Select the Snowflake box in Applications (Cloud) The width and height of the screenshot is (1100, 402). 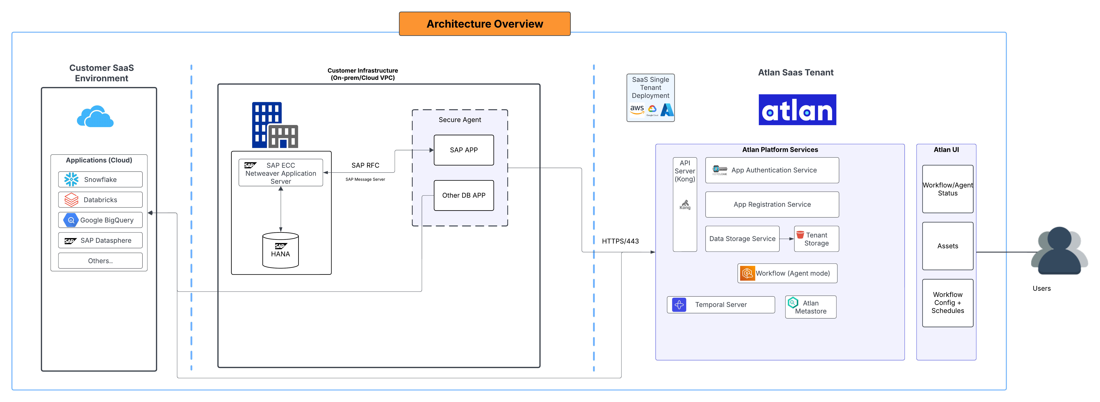tap(100, 179)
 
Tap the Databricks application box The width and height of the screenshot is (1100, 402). tap(100, 200)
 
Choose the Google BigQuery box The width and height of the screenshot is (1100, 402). tap(100, 220)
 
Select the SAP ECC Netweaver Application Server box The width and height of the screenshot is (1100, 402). tap(281, 173)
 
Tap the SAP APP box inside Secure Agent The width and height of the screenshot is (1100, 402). tap(464, 150)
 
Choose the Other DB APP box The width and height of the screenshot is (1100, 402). tap(464, 195)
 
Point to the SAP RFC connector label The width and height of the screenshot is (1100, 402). tap(365, 165)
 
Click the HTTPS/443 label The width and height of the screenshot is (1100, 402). tap(620, 241)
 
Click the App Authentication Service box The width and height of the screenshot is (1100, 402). tap(772, 170)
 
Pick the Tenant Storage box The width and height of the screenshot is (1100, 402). tap(816, 239)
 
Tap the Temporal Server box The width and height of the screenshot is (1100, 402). tap(721, 305)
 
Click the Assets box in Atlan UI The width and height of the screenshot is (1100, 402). tap(947, 246)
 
